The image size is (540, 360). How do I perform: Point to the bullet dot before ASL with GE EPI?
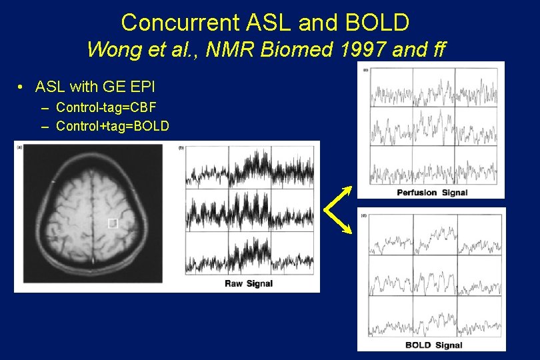(22, 87)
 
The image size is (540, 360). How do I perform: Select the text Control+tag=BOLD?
(113, 126)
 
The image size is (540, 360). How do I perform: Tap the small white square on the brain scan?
(113, 223)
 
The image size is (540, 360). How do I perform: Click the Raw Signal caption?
(248, 284)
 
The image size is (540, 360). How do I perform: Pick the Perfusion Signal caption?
(432, 193)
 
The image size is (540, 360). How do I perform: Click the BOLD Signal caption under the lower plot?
(433, 345)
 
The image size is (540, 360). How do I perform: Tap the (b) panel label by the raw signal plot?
(181, 147)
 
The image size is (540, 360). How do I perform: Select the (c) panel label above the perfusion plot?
(365, 69)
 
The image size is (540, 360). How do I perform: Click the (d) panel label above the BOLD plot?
(363, 215)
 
